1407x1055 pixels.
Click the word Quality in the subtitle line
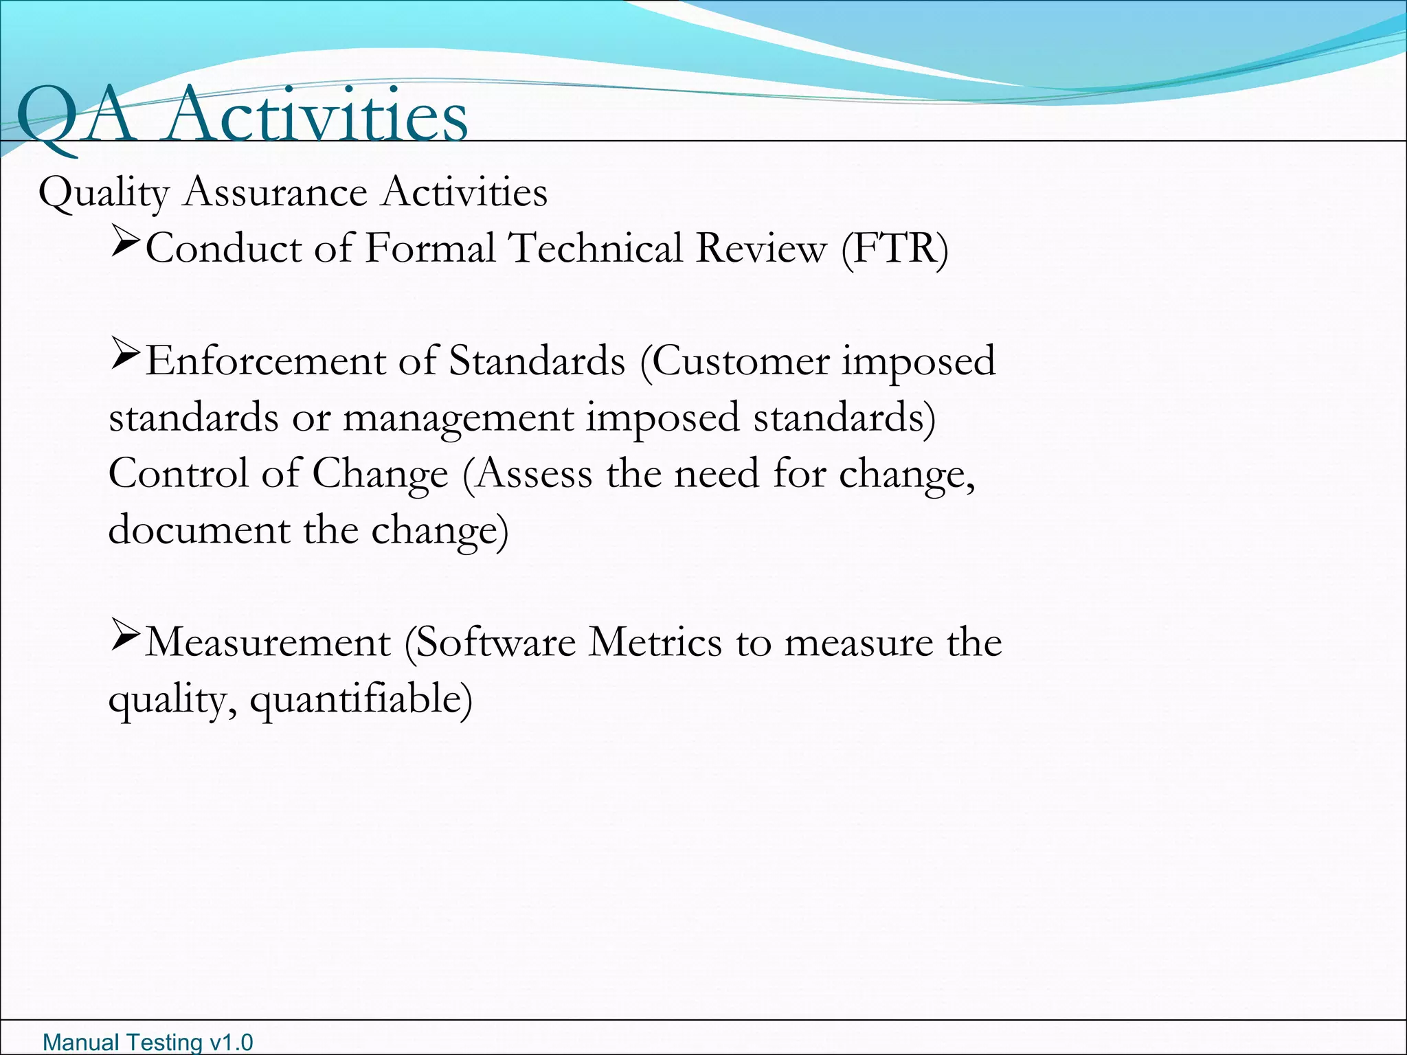(x=104, y=192)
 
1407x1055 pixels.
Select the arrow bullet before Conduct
(x=125, y=243)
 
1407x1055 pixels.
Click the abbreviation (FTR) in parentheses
(x=894, y=249)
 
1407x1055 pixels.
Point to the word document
(x=199, y=530)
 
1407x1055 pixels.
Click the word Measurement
(x=268, y=643)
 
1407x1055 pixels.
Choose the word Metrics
(x=656, y=643)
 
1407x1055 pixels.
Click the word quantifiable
(x=361, y=701)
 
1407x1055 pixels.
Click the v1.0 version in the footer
(x=231, y=1042)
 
